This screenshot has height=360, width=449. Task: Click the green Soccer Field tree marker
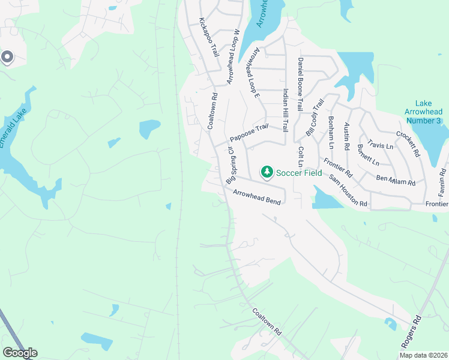point(267,173)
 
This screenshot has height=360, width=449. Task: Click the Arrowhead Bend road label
point(257,197)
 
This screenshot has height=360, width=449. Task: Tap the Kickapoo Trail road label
point(209,37)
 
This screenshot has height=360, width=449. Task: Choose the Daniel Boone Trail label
point(301,78)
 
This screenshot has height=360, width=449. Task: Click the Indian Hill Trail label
point(286,111)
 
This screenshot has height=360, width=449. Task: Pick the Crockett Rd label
point(408,144)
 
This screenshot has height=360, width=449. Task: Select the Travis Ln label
point(381,145)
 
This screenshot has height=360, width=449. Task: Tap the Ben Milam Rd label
point(396,180)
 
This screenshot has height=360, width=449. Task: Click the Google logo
point(20,353)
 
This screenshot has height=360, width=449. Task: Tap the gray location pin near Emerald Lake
point(7,56)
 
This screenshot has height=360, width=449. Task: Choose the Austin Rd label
point(346,137)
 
